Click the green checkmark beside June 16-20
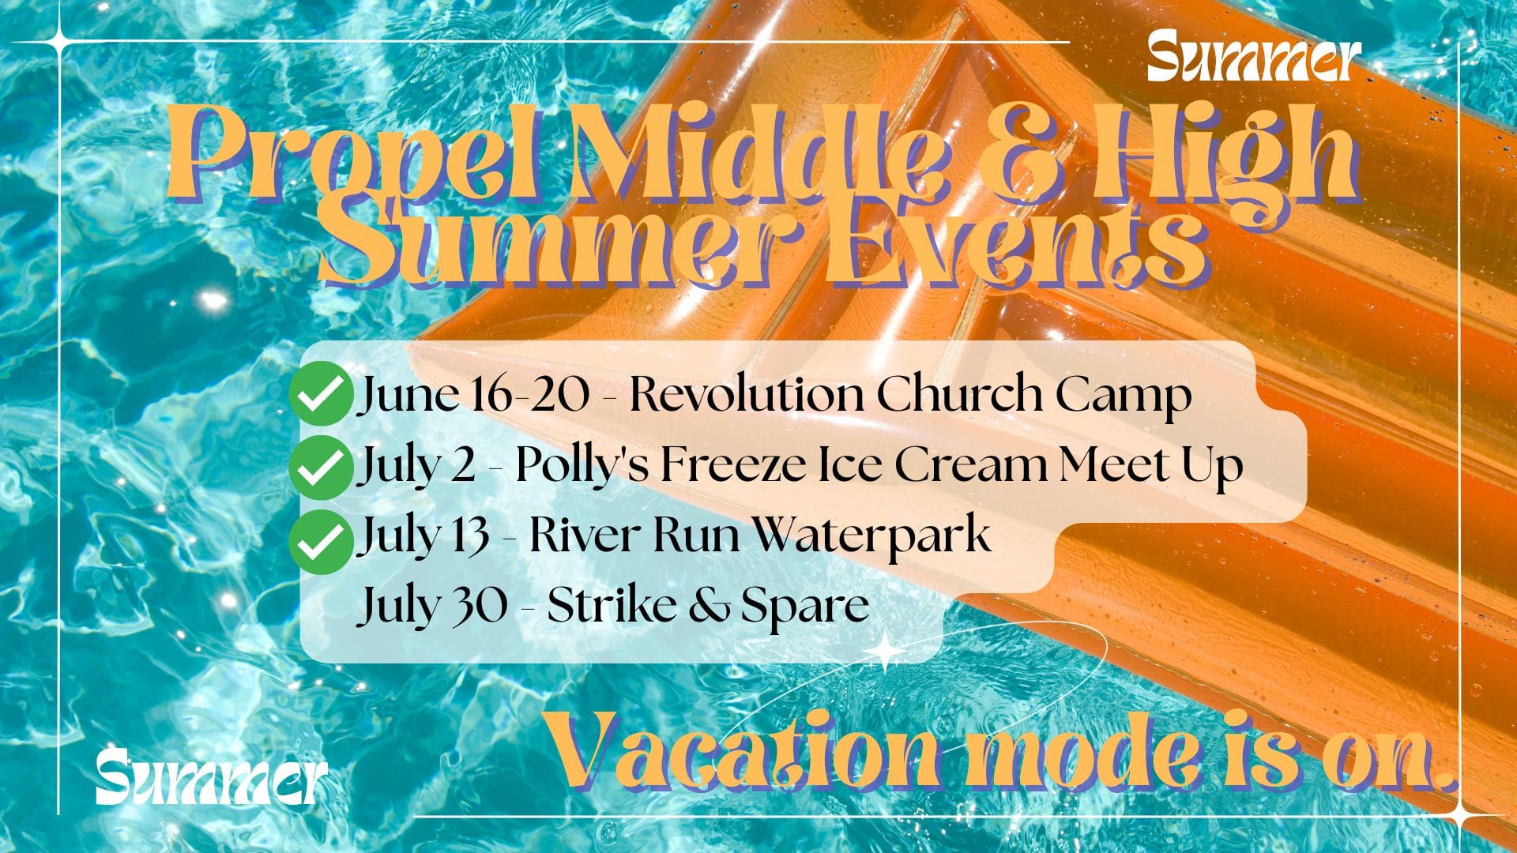[x=320, y=394]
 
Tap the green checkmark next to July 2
[x=320, y=468]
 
